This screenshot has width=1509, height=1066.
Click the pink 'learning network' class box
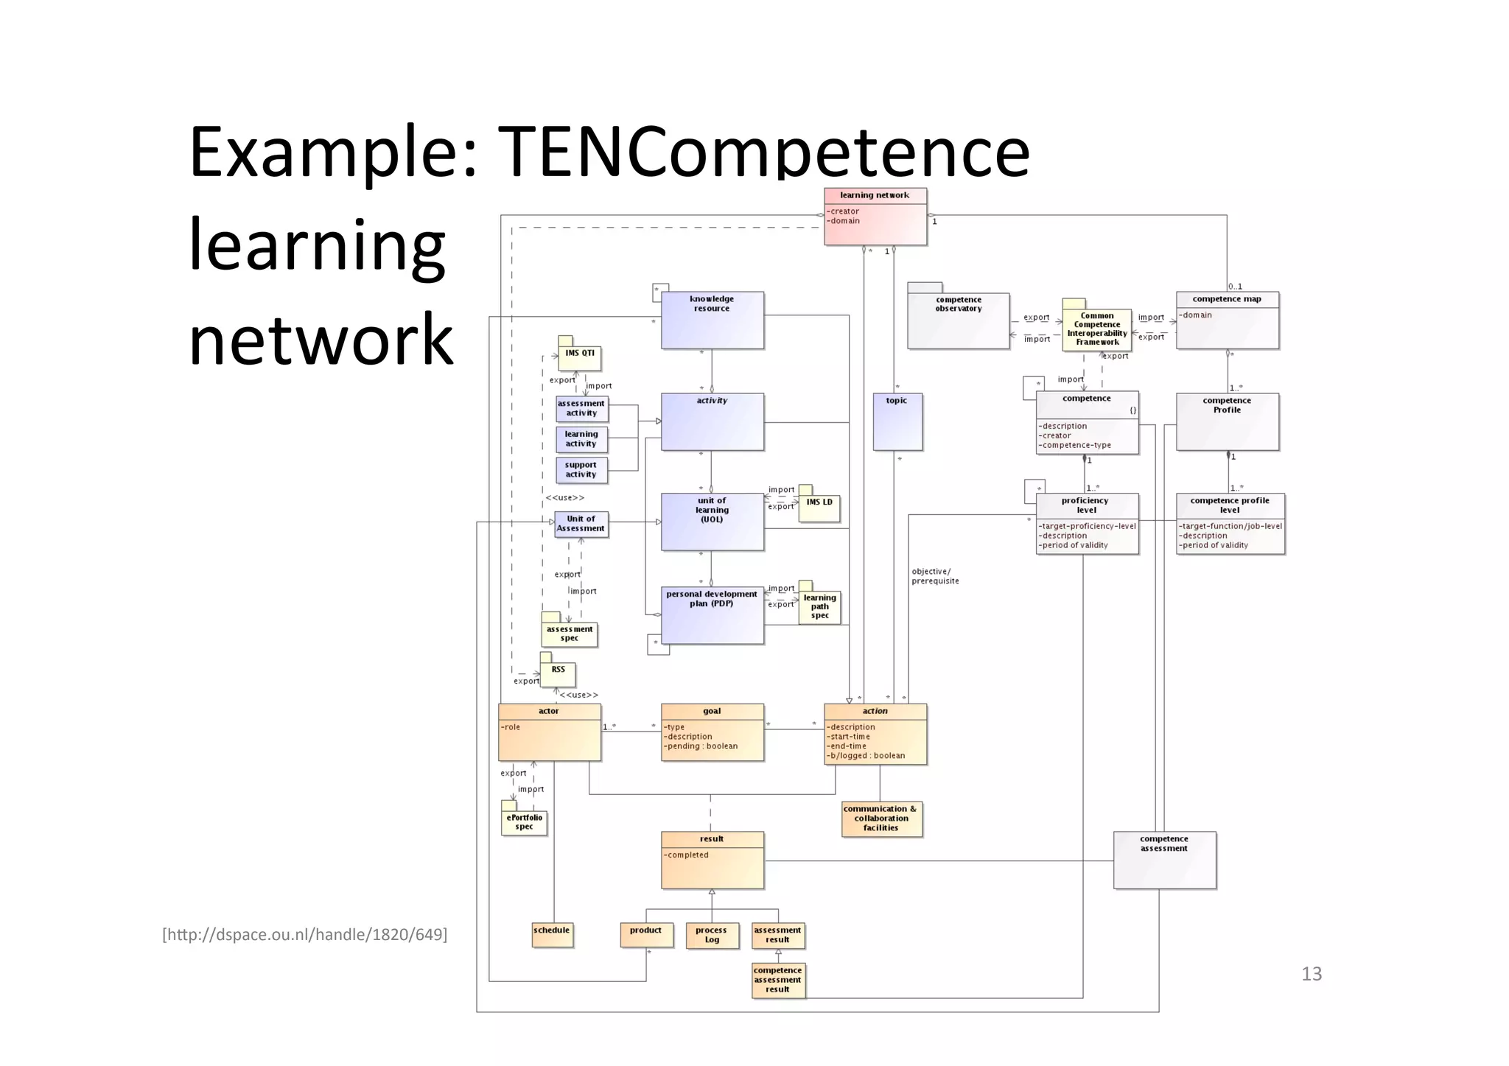875,217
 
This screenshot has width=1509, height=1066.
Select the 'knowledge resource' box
712,320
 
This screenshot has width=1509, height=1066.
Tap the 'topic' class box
897,421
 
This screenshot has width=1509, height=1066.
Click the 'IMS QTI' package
579,357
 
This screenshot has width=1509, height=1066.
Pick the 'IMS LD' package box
819,508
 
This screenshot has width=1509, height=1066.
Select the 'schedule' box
552,934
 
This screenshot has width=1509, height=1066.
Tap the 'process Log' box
711,935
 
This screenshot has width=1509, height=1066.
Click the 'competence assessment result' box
777,980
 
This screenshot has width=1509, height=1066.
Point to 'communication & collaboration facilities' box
880,818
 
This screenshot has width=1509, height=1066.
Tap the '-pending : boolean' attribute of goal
701,746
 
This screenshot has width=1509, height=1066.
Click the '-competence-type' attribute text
1076,445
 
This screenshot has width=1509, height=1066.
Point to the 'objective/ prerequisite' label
935,576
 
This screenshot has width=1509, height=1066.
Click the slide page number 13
1312,974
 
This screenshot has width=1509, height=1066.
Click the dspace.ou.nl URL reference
304,935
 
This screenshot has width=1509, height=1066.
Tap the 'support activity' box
581,470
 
